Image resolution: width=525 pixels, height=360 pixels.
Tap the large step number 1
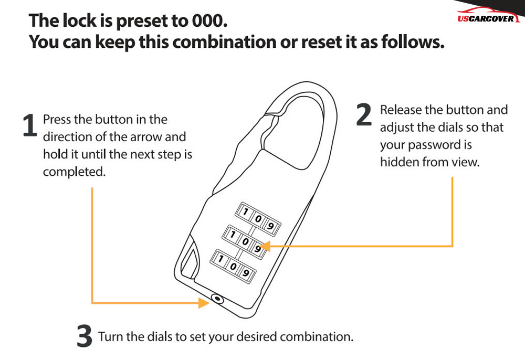30,125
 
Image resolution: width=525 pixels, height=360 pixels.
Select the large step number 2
364,114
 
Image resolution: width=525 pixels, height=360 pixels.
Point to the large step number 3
85,335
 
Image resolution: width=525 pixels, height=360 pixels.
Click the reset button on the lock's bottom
217,298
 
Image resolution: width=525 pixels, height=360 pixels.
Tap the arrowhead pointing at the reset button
204,303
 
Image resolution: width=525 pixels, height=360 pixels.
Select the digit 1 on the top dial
245,212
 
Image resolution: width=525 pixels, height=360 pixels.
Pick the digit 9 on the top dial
270,226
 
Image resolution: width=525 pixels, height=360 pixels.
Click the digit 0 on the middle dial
245,241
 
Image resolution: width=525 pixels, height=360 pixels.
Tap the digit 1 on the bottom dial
220,258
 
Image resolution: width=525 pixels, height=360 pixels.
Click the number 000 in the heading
209,21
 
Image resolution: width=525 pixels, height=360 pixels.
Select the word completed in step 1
75,172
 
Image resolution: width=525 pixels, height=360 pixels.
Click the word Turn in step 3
110,336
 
